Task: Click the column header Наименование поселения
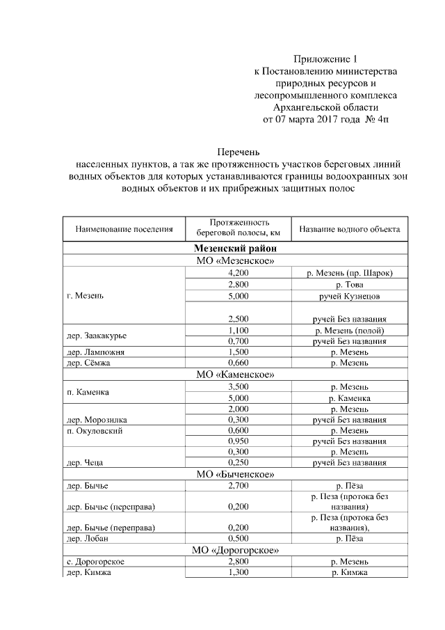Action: pos(124,228)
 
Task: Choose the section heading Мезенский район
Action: pos(236,248)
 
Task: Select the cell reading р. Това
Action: pos(349,285)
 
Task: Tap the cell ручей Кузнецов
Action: pos(349,297)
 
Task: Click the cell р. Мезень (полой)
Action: pos(349,330)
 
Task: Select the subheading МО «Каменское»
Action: pos(236,375)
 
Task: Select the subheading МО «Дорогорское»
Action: pos(236,550)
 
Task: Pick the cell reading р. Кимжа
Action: pos(349,572)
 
